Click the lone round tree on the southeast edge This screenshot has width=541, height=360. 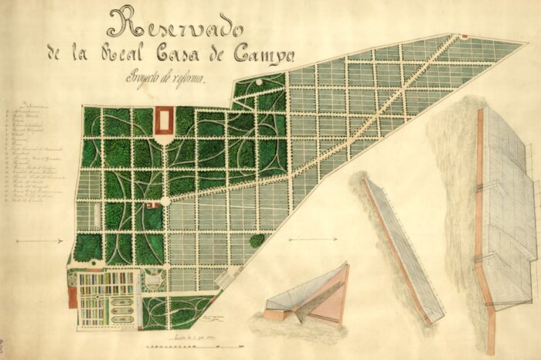pos(257,241)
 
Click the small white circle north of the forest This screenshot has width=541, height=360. pos(257,81)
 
